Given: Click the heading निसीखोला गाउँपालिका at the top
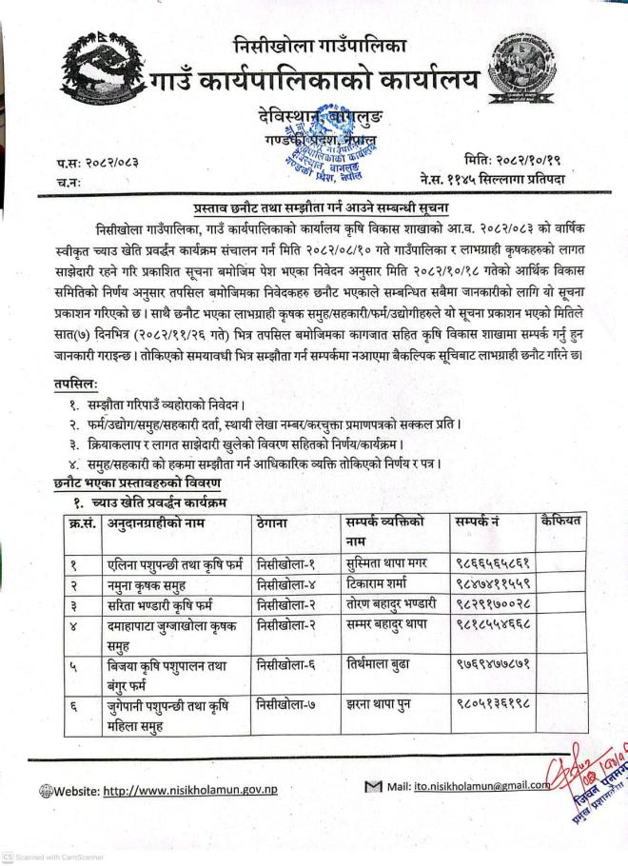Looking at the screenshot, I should (320, 44).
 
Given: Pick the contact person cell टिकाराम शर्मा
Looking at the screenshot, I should (383, 582).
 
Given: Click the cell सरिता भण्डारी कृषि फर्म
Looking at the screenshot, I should (162, 602).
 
